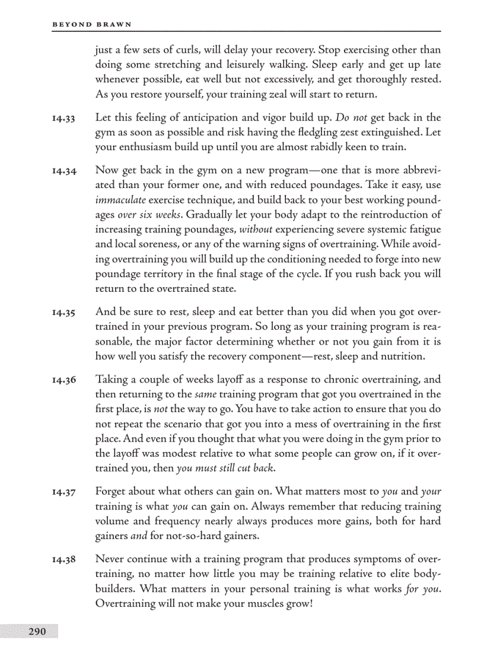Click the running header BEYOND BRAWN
click(x=92, y=24)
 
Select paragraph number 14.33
click(x=63, y=119)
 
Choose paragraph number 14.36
click(x=63, y=380)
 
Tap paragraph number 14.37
click(x=63, y=493)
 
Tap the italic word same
click(x=205, y=394)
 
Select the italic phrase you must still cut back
click(x=226, y=469)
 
